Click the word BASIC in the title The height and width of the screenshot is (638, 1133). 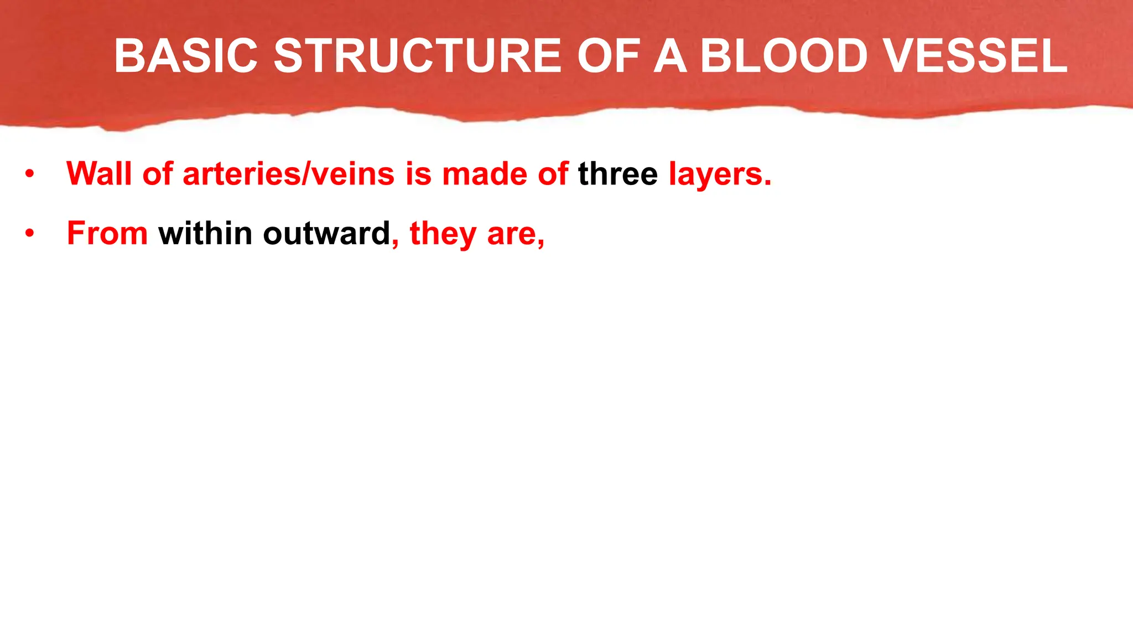coord(186,56)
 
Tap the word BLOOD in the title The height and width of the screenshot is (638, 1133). coord(784,56)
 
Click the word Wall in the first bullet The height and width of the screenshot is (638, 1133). coord(99,173)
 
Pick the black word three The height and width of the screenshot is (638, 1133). coord(618,173)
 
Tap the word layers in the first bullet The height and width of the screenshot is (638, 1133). coord(716,174)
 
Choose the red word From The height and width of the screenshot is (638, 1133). coord(107,233)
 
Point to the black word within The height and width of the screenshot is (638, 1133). coord(205,233)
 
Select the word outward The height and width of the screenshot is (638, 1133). coord(326,233)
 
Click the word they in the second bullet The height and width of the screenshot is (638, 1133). coord(443,234)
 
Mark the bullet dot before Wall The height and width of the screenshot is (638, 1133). coord(29,174)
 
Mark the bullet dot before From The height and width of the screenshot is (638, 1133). coord(29,234)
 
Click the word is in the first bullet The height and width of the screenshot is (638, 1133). coord(418,173)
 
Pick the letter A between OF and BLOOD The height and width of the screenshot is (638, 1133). coord(670,56)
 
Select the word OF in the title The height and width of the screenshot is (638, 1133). coord(609,56)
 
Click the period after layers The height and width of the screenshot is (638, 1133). coord(768,183)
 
